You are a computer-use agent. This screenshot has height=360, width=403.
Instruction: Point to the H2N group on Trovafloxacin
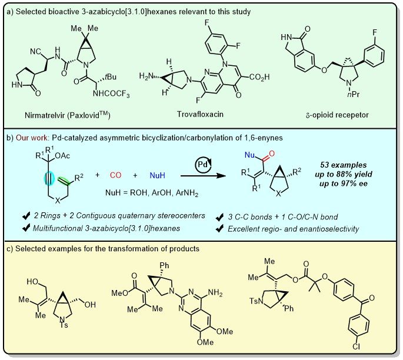coord(144,76)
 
